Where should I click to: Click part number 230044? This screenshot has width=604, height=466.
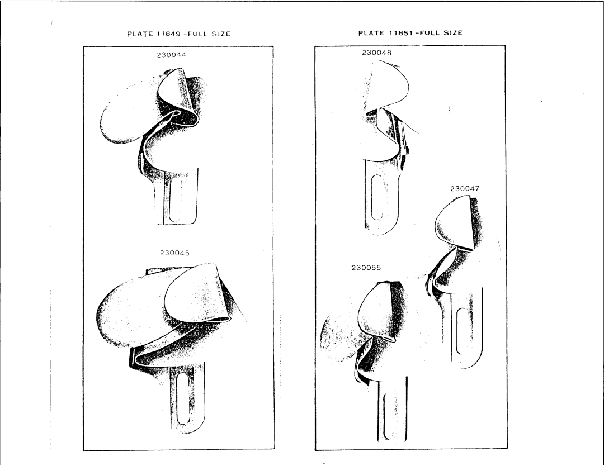pos(171,55)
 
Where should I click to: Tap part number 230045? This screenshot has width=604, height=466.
pos(174,253)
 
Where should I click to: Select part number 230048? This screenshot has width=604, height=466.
pos(376,53)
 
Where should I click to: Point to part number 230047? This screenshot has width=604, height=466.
pos(465,188)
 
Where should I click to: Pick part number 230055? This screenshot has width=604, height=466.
pos(366,268)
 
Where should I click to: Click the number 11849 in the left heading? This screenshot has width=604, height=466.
pos(169,34)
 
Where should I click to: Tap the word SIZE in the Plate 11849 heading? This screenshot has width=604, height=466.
pos(221,34)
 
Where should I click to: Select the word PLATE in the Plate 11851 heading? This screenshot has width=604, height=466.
pos(371,33)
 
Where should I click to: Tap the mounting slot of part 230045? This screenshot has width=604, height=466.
pos(184,398)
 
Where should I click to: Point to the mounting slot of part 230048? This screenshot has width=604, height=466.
pos(377,197)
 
